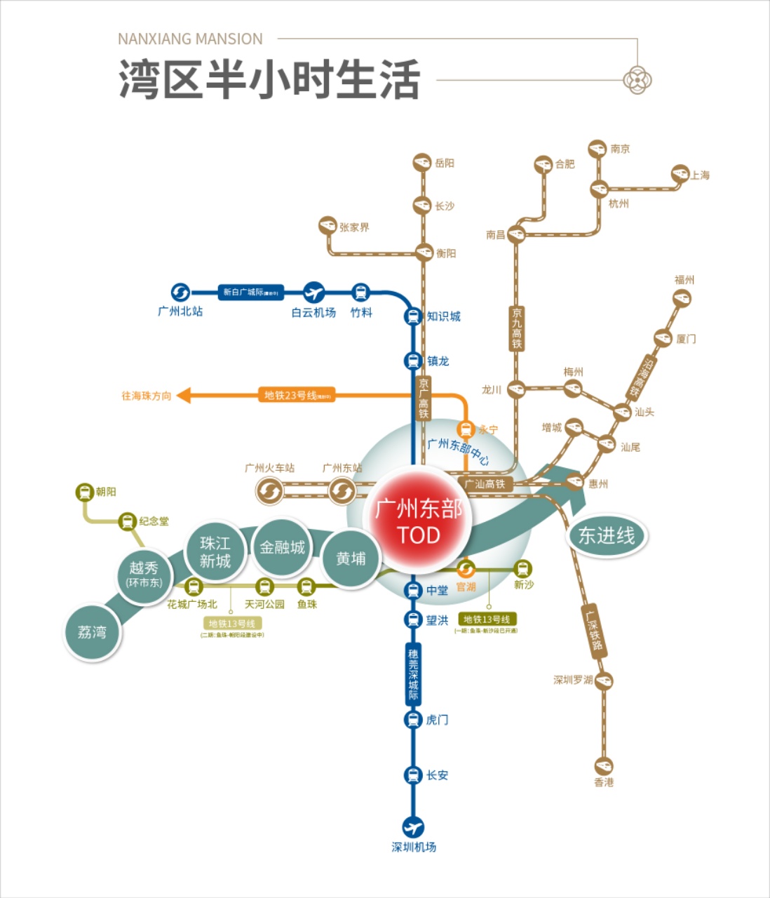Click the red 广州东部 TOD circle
pyautogui.click(x=419, y=520)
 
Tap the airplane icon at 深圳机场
pyautogui.click(x=413, y=827)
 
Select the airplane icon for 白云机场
pyautogui.click(x=313, y=292)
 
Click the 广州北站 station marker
pyautogui.click(x=180, y=292)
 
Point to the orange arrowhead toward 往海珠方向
pyautogui.click(x=184, y=396)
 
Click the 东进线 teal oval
pyautogui.click(x=606, y=536)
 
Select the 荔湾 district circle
pyautogui.click(x=92, y=633)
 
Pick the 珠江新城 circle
pyautogui.click(x=215, y=552)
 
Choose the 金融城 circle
pyautogui.click(x=282, y=547)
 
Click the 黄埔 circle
pyautogui.click(x=351, y=558)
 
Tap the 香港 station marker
pyautogui.click(x=604, y=765)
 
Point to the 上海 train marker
pyautogui.click(x=680, y=173)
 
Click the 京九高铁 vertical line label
pyautogui.click(x=517, y=328)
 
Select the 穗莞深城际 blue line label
pyautogui.click(x=413, y=673)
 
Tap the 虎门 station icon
pyautogui.click(x=413, y=720)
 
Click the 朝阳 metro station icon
pyautogui.click(x=85, y=492)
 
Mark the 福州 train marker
pyautogui.click(x=682, y=298)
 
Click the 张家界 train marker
pyautogui.click(x=327, y=225)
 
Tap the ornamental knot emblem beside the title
pyautogui.click(x=637, y=80)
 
